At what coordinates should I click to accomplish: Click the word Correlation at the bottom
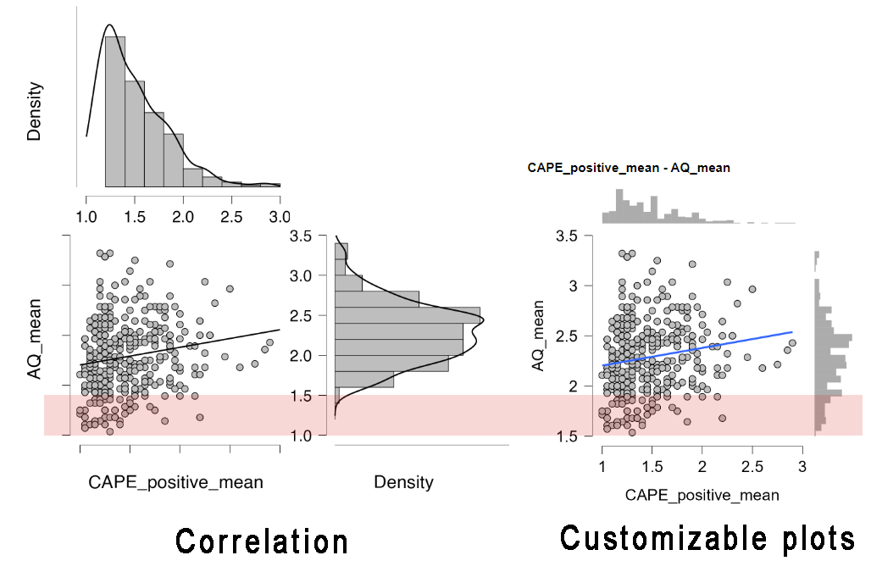pos(262,541)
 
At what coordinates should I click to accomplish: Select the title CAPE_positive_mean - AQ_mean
pos(629,168)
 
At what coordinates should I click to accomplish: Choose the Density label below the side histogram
pos(403,482)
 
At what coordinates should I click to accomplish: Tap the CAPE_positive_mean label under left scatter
pos(175,482)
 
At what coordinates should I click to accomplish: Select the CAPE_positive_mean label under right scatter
pos(702,494)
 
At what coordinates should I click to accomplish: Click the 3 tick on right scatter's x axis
pos(802,467)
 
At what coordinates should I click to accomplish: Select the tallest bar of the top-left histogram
pos(115,110)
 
